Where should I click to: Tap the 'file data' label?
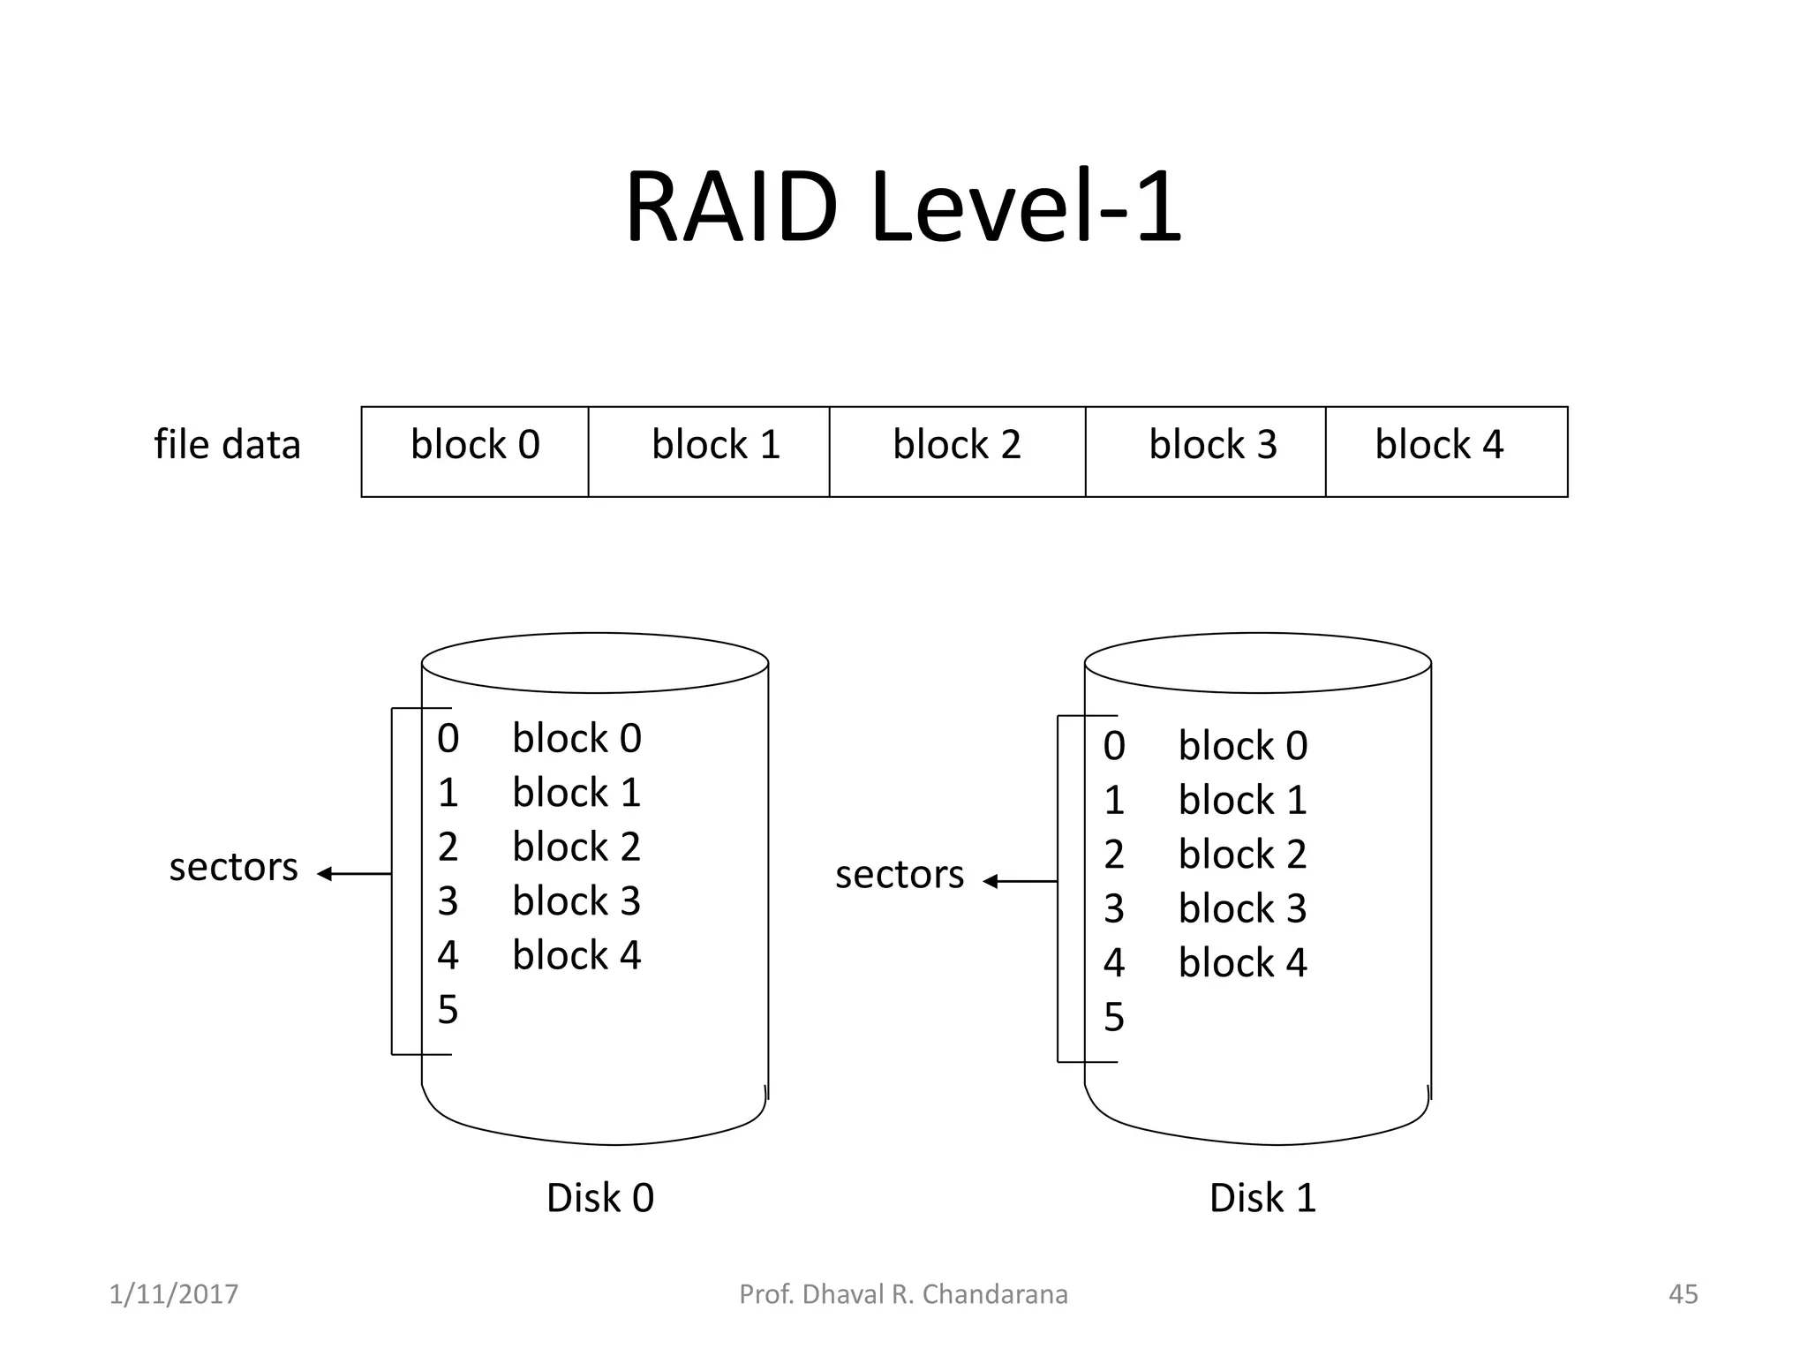[227, 444]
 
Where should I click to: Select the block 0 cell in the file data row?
[475, 451]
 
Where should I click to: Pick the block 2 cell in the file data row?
[957, 451]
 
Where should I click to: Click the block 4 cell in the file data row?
[1446, 451]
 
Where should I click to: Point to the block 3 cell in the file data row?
[1206, 451]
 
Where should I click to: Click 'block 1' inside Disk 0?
[576, 793]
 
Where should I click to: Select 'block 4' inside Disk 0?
[576, 955]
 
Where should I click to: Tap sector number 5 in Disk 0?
[448, 1010]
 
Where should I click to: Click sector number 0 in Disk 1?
[1114, 747]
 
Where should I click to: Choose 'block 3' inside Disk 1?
[1242, 909]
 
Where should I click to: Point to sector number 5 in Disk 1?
[1114, 1018]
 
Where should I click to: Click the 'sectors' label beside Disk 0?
[233, 868]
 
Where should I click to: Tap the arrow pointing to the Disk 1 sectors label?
[1020, 881]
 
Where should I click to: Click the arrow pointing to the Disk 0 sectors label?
[353, 874]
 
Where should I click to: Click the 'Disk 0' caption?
[600, 1199]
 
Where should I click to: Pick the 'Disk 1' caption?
[1262, 1199]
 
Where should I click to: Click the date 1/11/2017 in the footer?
[174, 1294]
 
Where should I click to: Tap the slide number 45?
[1683, 1294]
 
